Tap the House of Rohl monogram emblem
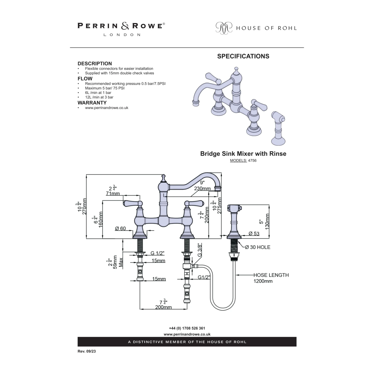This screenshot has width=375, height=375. (223, 28)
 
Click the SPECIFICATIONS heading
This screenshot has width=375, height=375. (243, 56)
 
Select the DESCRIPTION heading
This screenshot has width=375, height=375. (94, 63)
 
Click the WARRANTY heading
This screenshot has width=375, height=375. (92, 103)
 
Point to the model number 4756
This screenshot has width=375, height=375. (252, 160)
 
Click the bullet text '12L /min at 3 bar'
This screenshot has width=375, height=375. (99, 97)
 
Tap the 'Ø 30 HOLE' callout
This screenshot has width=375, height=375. (257, 247)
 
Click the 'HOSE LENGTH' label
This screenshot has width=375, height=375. (271, 275)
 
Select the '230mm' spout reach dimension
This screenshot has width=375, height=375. (202, 188)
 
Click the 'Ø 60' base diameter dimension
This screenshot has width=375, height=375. (120, 228)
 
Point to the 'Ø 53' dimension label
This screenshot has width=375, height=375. (254, 233)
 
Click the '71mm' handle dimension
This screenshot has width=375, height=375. (113, 193)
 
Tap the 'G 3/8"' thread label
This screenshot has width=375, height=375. (199, 250)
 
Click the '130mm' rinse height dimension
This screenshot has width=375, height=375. (267, 221)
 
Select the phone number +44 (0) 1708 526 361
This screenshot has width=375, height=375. (187, 328)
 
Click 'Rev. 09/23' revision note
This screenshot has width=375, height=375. (86, 351)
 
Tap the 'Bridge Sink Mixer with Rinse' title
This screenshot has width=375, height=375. (243, 154)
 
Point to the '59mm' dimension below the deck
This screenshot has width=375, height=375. (115, 262)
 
